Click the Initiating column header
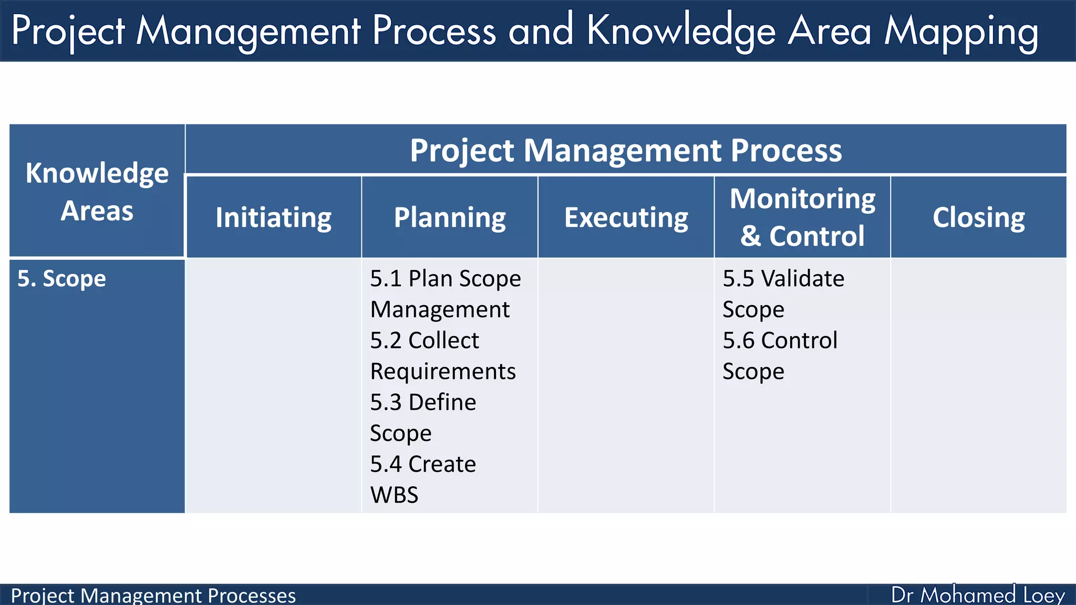pyautogui.click(x=273, y=217)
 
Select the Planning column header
pyautogui.click(x=450, y=217)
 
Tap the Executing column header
pyautogui.click(x=626, y=217)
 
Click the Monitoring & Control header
pyautogui.click(x=802, y=217)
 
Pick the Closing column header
pyautogui.click(x=978, y=217)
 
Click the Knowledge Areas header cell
pyautogui.click(x=97, y=191)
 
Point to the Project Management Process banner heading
pyautogui.click(x=626, y=150)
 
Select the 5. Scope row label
pyautogui.click(x=61, y=278)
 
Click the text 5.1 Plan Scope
pyautogui.click(x=445, y=278)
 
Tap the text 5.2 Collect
pyautogui.click(x=425, y=340)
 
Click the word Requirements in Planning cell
pyautogui.click(x=443, y=371)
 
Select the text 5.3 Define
pyautogui.click(x=423, y=402)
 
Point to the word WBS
pyautogui.click(x=394, y=495)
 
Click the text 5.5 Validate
pyautogui.click(x=783, y=278)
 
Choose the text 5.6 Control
pyautogui.click(x=780, y=340)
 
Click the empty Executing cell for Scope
pyautogui.click(x=626, y=385)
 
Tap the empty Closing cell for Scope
pyautogui.click(x=978, y=385)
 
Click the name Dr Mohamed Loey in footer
pyautogui.click(x=978, y=595)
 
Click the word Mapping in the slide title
pyautogui.click(x=961, y=32)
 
